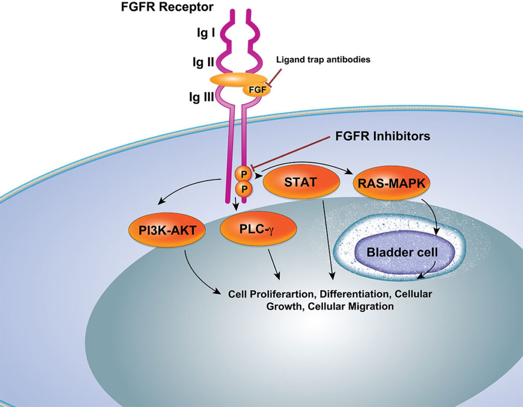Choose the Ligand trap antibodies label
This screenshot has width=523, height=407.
point(323,60)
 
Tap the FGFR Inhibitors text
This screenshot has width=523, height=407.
point(383,136)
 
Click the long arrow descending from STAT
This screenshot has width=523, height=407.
point(328,240)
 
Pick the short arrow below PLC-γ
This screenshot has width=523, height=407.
point(274,265)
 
